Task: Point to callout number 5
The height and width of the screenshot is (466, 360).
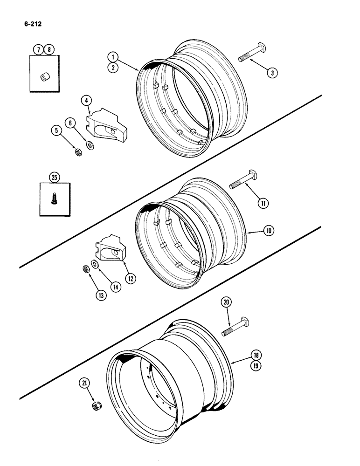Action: (x=56, y=131)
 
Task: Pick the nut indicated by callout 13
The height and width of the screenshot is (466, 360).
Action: (x=86, y=269)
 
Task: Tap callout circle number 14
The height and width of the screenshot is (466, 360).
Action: (x=114, y=287)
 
